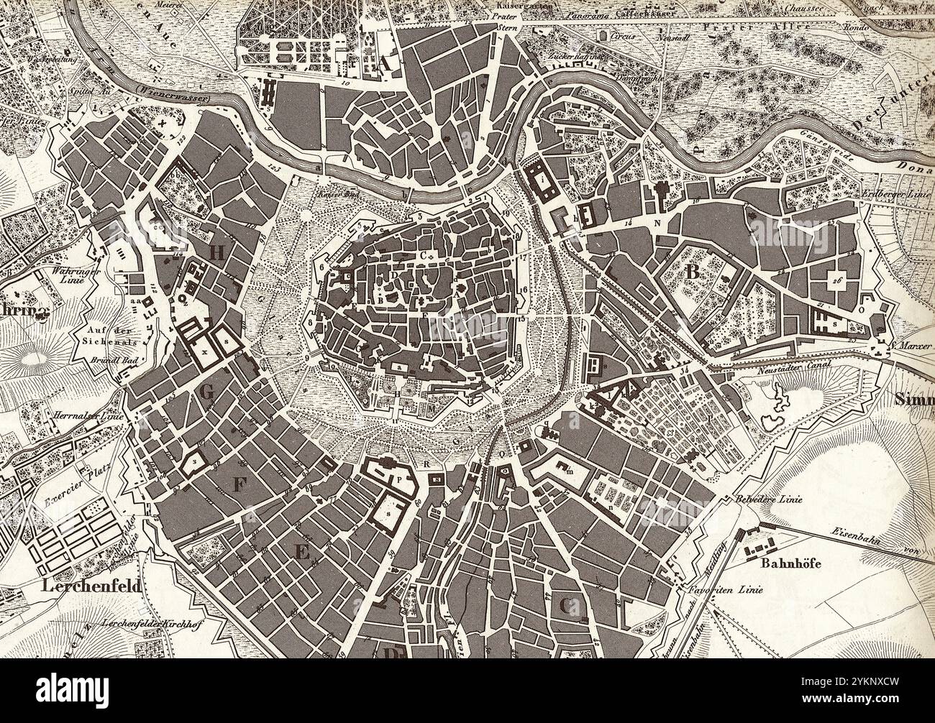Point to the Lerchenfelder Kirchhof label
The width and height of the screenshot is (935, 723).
[x=150, y=625]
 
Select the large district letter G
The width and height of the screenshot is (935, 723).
[x=207, y=392]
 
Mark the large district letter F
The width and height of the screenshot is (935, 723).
[x=239, y=485]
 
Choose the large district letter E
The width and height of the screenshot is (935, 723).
[x=301, y=552]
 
